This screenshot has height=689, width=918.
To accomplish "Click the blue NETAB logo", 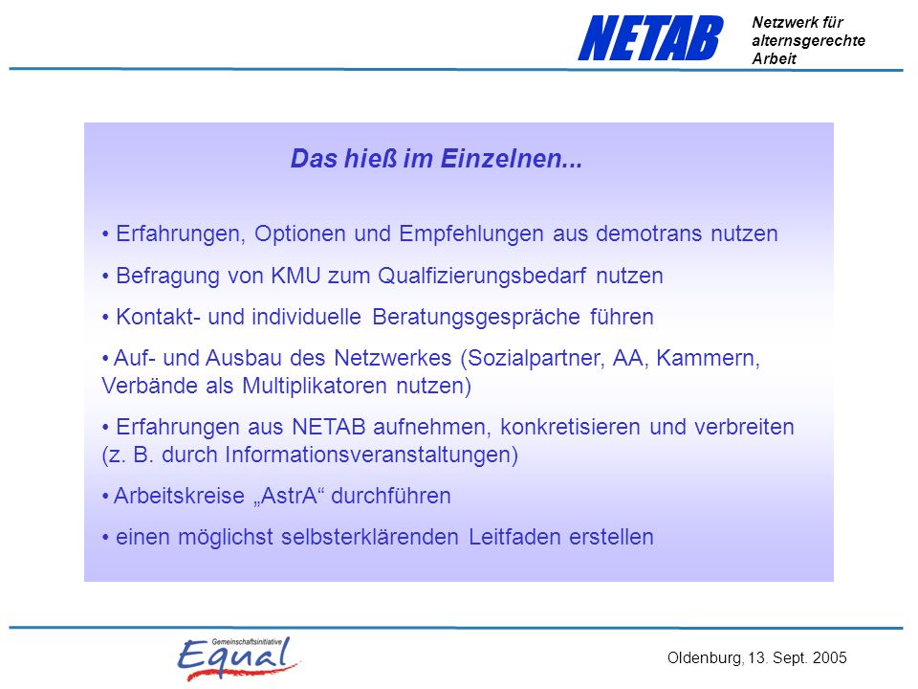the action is coord(650,38).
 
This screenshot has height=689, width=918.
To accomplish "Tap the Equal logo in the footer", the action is coord(239,658).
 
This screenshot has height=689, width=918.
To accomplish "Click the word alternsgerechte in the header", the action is coord(809,41).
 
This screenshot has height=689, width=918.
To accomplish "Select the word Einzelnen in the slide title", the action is coord(511,159).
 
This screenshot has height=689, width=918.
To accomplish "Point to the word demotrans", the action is coord(648,233).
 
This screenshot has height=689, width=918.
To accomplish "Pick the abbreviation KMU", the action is coord(295,276).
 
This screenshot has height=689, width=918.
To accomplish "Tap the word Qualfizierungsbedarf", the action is coord(482,276).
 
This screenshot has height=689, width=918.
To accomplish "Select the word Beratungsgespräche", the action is coord(476,318).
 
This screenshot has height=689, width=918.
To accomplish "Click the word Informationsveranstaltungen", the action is coord(371,456).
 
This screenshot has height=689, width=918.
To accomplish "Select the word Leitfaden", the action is coord(514,537).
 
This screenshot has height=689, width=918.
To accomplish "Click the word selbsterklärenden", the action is coord(369,537).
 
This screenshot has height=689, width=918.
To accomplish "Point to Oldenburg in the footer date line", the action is coord(706,658).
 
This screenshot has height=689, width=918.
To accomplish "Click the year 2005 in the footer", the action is coord(830,658).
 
